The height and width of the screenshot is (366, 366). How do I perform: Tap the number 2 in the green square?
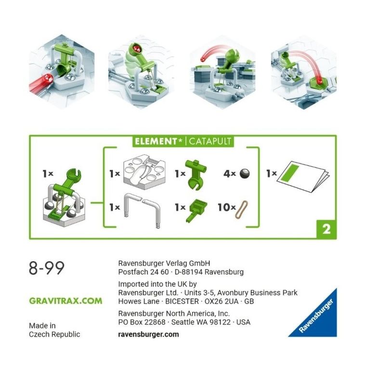click(326, 229)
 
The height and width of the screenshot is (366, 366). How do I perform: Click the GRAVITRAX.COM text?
click(65, 301)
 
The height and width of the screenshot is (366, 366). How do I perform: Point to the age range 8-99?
click(47, 268)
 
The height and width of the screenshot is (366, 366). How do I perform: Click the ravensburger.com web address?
click(148, 334)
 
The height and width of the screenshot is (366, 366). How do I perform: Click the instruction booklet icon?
click(302, 174)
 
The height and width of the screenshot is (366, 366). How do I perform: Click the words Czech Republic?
click(54, 334)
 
